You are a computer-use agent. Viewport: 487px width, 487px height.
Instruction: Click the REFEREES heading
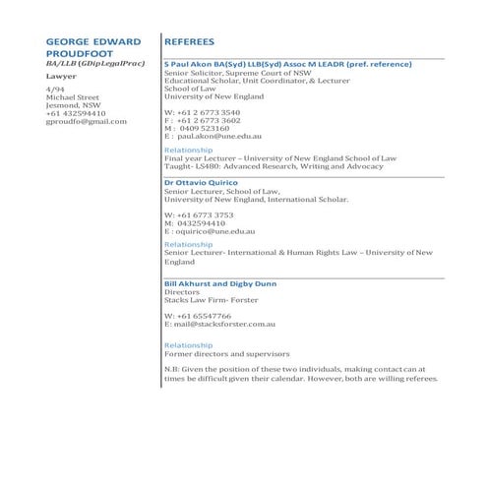click(193, 43)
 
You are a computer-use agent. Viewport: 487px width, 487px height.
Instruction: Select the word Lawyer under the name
click(61, 76)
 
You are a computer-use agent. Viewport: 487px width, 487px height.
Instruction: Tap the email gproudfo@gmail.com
click(87, 122)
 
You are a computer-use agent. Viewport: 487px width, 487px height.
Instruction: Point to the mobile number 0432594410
click(211, 222)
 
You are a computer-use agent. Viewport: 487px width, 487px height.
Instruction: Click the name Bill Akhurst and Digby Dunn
click(220, 284)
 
